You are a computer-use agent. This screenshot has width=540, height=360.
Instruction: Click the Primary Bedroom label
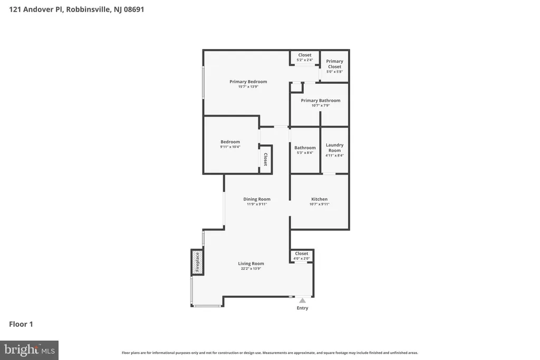(x=248, y=82)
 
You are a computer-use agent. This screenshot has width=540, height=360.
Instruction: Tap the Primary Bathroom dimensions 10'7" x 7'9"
(x=321, y=105)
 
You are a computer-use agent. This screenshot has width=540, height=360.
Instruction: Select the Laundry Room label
(x=334, y=148)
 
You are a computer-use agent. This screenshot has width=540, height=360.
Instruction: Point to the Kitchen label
(x=319, y=199)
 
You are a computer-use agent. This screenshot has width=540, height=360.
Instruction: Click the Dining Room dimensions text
(x=257, y=204)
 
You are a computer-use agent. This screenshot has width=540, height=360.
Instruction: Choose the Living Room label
(x=250, y=264)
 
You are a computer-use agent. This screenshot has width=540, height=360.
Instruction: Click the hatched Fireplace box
(x=197, y=262)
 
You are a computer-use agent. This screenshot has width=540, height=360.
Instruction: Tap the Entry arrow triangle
(x=302, y=300)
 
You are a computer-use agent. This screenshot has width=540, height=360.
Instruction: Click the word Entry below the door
(x=302, y=308)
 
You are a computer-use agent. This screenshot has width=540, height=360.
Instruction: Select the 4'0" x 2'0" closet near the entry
(x=301, y=256)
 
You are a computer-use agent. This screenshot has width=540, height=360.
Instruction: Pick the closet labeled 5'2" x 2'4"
(x=305, y=57)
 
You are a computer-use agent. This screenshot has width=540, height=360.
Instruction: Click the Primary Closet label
(x=334, y=64)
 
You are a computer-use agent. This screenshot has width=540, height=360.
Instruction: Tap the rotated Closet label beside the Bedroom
(x=266, y=159)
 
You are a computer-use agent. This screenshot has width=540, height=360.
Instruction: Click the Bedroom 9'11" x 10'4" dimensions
(x=230, y=147)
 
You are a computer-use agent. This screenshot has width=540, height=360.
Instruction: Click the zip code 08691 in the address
(x=133, y=9)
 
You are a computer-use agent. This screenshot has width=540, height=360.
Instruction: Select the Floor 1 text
(x=21, y=324)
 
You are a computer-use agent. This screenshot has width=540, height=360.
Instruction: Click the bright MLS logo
(x=30, y=350)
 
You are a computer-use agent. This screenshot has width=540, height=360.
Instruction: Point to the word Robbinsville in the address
(x=89, y=9)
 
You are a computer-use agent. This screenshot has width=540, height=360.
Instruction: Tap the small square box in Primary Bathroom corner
(x=296, y=87)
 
